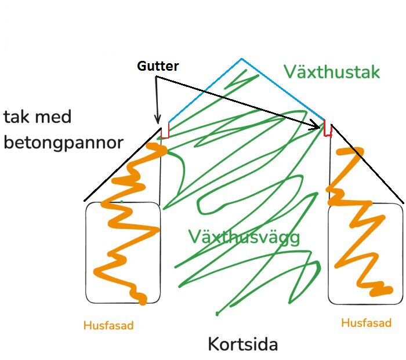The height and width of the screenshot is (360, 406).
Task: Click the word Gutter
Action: tap(158, 66)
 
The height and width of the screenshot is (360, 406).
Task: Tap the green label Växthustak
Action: tap(331, 72)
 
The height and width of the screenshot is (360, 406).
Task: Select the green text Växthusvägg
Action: tap(244, 237)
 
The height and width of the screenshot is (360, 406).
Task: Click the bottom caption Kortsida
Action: tap(243, 344)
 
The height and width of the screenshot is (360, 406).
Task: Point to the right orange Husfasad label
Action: tap(366, 323)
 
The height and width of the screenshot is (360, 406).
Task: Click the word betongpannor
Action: tap(63, 143)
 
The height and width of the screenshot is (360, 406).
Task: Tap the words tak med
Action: tap(38, 117)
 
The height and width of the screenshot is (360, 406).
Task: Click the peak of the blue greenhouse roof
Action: tap(241, 59)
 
